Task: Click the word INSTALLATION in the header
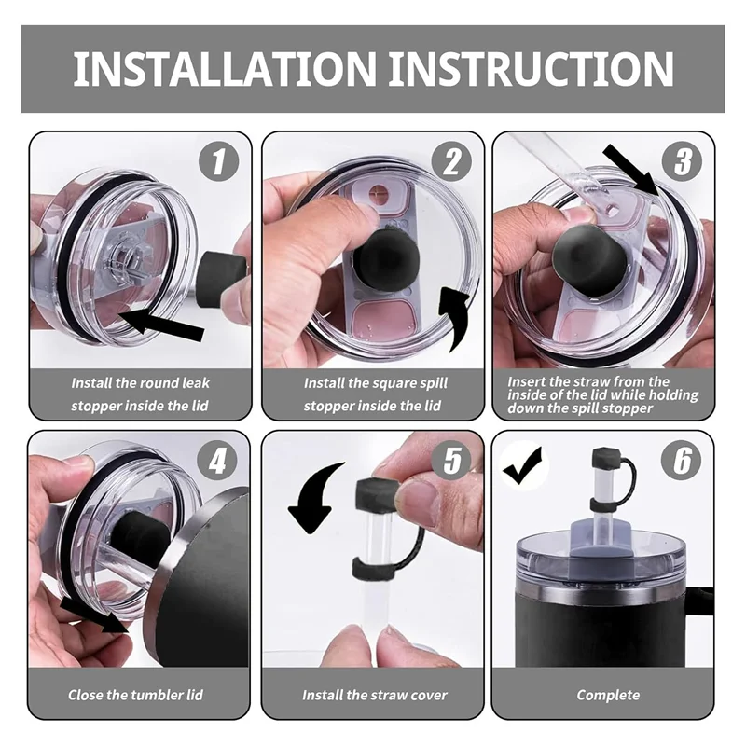click(224, 68)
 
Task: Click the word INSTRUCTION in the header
click(531, 68)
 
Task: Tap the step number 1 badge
click(218, 161)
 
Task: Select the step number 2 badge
click(451, 161)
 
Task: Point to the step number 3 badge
click(683, 161)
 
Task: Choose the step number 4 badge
click(217, 461)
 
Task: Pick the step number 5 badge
click(451, 461)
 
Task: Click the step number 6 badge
click(682, 461)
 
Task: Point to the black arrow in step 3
click(632, 173)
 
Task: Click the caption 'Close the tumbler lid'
click(135, 695)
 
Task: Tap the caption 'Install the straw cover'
click(375, 695)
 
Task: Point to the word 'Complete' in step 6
click(608, 695)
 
